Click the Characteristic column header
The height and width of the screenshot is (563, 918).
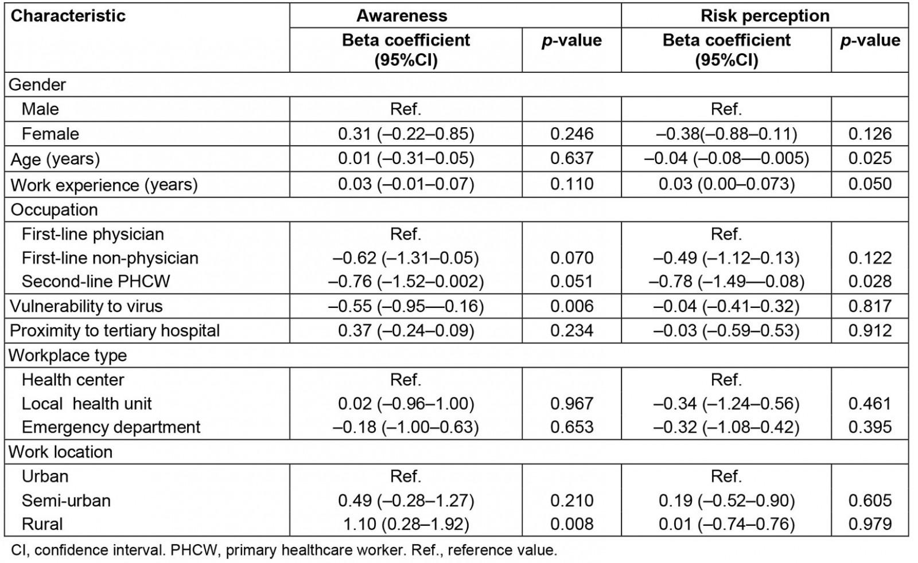tap(68, 15)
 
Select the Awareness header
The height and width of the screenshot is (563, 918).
tap(402, 15)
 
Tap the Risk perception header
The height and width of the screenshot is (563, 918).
tap(765, 15)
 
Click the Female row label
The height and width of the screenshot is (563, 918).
tap(50, 134)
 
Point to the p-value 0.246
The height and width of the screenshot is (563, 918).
tap(571, 134)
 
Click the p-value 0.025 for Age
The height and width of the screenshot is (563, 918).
tap(870, 158)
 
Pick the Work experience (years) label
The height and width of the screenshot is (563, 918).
tap(104, 185)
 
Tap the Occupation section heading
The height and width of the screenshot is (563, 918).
tap(54, 209)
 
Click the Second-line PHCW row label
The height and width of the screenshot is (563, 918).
tap(96, 281)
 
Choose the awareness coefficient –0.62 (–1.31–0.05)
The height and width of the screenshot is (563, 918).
tap(406, 257)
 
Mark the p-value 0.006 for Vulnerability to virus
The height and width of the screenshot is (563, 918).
tap(571, 306)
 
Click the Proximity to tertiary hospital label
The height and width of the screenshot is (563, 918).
tap(115, 330)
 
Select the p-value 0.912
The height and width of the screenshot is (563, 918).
tap(870, 330)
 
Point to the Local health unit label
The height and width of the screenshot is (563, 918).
tap(87, 404)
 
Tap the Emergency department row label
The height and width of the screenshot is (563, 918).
tap(111, 427)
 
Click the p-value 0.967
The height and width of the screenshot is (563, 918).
tap(571, 404)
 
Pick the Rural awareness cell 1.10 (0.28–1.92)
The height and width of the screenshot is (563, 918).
tap(406, 523)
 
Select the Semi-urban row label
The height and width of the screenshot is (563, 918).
tap(66, 501)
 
